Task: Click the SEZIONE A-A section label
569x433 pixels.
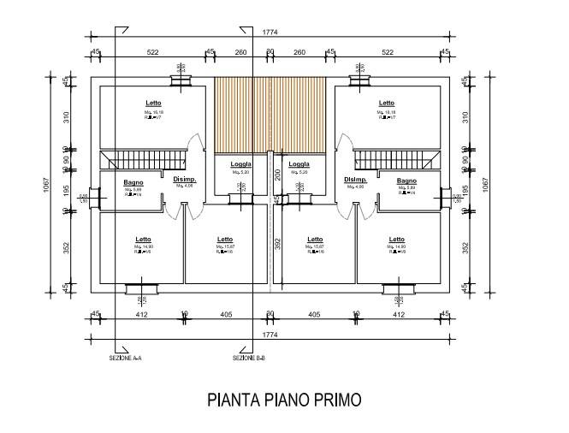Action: [x=126, y=358]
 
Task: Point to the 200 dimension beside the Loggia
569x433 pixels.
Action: [x=277, y=175]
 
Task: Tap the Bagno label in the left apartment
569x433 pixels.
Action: [x=133, y=181]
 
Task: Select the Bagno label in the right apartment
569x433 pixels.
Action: [x=406, y=181]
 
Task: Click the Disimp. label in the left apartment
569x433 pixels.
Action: [x=185, y=180]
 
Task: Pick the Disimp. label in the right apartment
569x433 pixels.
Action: [x=356, y=180]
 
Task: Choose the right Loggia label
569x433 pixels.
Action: [x=299, y=164]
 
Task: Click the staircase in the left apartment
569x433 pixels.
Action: [x=143, y=160]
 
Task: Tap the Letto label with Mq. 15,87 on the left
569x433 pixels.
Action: [x=225, y=240]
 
